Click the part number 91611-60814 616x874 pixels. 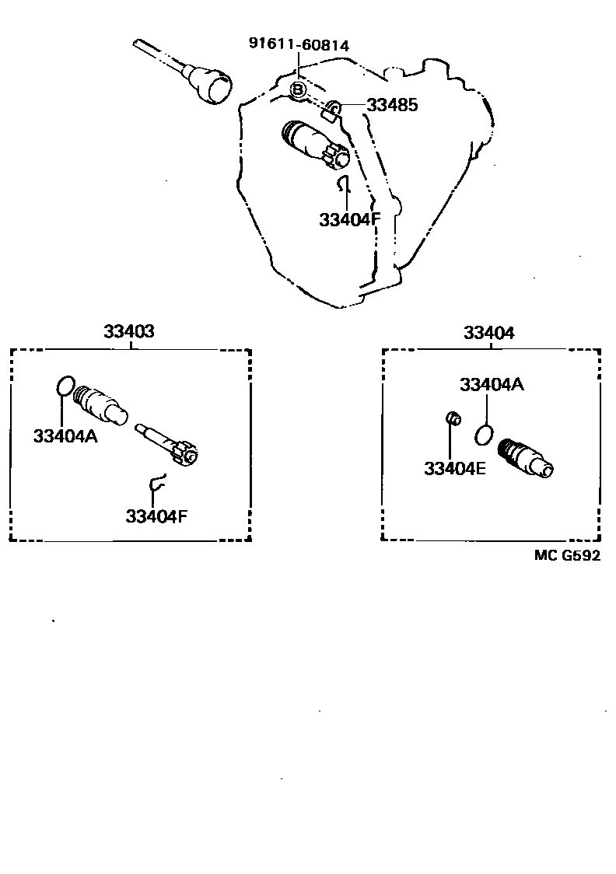(299, 45)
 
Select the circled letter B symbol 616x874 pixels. (298, 91)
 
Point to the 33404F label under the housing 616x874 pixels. (349, 219)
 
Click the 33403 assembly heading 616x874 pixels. (129, 332)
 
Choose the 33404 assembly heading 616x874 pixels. (488, 333)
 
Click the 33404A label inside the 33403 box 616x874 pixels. (65, 435)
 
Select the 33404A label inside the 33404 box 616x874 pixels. (492, 385)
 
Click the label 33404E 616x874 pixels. (455, 468)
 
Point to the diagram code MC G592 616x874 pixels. (568, 555)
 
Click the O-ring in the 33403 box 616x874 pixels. (66, 386)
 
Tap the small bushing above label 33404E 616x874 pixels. (451, 420)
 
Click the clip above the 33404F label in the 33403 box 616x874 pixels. (158, 483)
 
